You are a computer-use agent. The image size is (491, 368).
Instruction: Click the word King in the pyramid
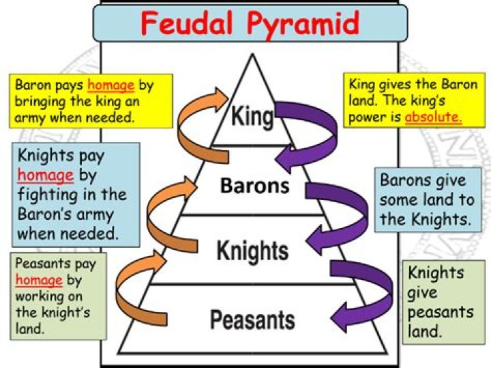252,115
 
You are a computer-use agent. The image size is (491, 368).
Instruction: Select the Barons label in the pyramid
254,186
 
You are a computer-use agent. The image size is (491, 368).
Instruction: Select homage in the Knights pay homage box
45,175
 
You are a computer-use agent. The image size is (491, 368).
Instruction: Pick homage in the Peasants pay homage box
38,280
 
